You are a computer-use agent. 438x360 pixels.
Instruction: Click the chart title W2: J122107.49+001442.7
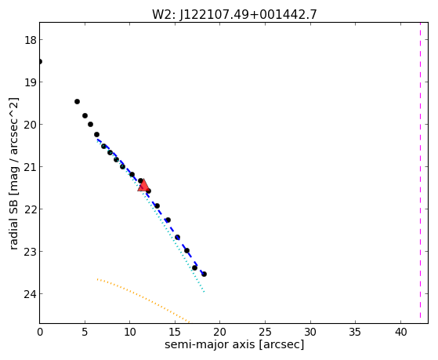pyautogui.click(x=234, y=14)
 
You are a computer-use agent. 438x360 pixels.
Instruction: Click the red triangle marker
pyautogui.click(x=143, y=185)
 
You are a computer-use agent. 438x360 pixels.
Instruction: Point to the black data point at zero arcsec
pyautogui.click(x=40, y=61)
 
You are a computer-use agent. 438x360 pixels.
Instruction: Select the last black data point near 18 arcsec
pyautogui.click(x=205, y=275)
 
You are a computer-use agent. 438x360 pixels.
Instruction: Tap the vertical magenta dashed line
pyautogui.click(x=420, y=170)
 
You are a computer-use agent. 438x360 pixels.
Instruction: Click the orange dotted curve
pyautogui.click(x=143, y=297)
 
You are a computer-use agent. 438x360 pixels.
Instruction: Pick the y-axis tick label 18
pyautogui.click(x=31, y=40)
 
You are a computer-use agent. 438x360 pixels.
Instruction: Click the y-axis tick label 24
pyautogui.click(x=31, y=293)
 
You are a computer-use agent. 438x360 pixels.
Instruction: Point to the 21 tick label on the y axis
pyautogui.click(x=31, y=167)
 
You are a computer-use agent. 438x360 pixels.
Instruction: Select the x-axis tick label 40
pyautogui.click(x=401, y=333)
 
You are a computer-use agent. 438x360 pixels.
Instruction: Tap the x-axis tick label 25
pyautogui.click(x=265, y=333)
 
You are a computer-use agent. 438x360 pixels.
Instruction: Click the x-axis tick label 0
pyautogui.click(x=40, y=333)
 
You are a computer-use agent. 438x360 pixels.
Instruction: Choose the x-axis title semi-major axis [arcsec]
pyautogui.click(x=234, y=344)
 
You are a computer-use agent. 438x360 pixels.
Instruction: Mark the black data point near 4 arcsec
pyautogui.click(x=77, y=101)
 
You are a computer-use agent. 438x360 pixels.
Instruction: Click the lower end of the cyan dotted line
pyautogui.click(x=205, y=292)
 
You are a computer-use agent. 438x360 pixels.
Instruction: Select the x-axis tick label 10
pyautogui.click(x=129, y=333)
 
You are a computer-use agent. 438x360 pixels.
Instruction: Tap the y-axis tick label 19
pyautogui.click(x=31, y=82)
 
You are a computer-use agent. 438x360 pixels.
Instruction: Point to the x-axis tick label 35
pyautogui.click(x=356, y=333)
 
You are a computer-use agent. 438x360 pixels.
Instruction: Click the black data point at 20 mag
pyautogui.click(x=91, y=124)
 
